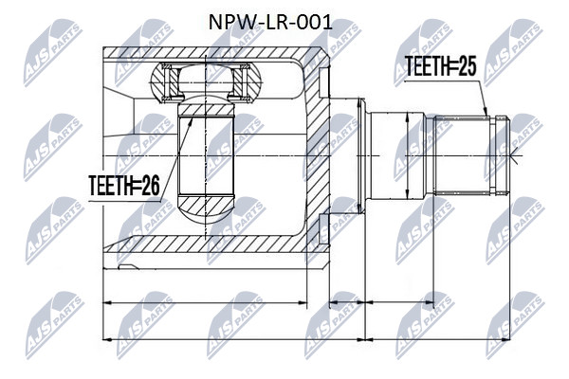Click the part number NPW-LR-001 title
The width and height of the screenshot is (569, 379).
click(x=270, y=23)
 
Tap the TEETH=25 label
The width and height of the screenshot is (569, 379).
click(x=440, y=66)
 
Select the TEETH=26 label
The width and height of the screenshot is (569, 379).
click(x=124, y=186)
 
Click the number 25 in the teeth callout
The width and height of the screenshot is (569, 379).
click(x=467, y=66)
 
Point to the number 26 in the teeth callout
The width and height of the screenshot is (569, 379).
click(x=151, y=186)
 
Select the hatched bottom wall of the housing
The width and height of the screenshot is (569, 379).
click(x=214, y=244)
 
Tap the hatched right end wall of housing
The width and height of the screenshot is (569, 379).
click(x=319, y=153)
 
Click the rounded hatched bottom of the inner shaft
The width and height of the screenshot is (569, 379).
click(x=206, y=209)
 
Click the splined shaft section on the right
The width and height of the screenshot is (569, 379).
click(x=463, y=155)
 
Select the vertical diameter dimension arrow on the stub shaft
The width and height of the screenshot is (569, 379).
click(x=408, y=155)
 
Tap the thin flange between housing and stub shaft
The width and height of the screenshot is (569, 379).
click(x=360, y=155)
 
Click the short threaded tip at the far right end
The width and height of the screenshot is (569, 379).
click(x=502, y=155)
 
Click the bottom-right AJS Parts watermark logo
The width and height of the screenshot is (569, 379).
click(x=515, y=325)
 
